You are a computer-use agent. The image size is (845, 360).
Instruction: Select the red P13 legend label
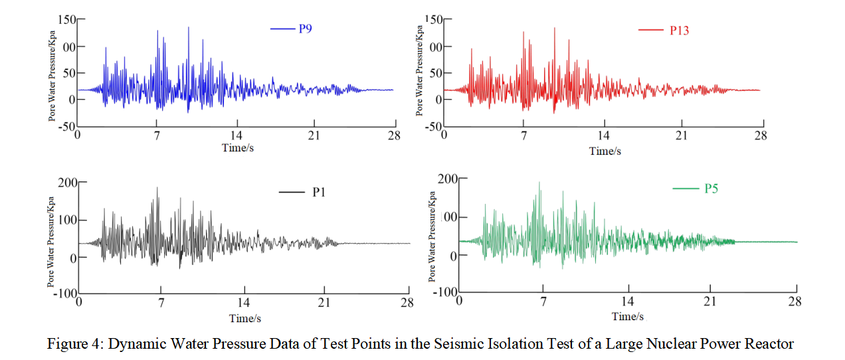point(679,30)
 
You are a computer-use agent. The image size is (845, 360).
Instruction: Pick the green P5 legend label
point(711,189)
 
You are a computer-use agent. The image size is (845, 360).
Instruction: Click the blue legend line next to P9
point(282,29)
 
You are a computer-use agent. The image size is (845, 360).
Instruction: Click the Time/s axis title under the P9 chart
point(238,147)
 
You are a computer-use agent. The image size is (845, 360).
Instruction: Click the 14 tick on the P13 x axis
point(604,136)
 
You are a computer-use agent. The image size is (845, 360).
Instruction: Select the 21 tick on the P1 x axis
point(324,304)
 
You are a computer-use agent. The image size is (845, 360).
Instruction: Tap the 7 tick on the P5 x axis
point(543,302)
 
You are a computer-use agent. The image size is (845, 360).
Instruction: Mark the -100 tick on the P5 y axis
point(445,293)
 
